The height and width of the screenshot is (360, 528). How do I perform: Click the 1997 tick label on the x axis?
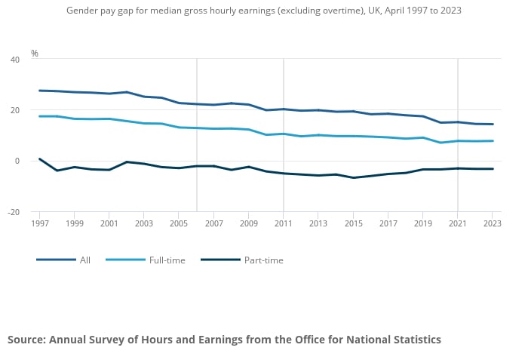click(39, 224)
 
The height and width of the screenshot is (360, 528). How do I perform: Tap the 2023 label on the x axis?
click(492, 224)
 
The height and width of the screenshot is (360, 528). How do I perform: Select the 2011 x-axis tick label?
click(283, 224)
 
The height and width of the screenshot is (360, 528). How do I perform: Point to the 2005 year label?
click(179, 224)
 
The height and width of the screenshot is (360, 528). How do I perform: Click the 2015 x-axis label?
click(353, 224)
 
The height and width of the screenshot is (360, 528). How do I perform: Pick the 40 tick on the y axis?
click(15, 59)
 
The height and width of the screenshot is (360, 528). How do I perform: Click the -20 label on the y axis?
click(14, 212)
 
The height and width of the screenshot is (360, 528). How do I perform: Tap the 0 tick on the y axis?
click(17, 161)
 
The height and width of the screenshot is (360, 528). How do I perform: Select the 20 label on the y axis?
click(15, 110)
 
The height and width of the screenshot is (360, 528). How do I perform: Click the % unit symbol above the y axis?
click(35, 54)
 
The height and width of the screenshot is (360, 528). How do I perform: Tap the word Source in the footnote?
click(26, 340)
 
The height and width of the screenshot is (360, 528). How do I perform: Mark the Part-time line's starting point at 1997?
click(39, 158)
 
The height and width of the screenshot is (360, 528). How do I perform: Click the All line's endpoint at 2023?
click(493, 125)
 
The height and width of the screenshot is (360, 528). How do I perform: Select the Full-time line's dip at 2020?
click(441, 143)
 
